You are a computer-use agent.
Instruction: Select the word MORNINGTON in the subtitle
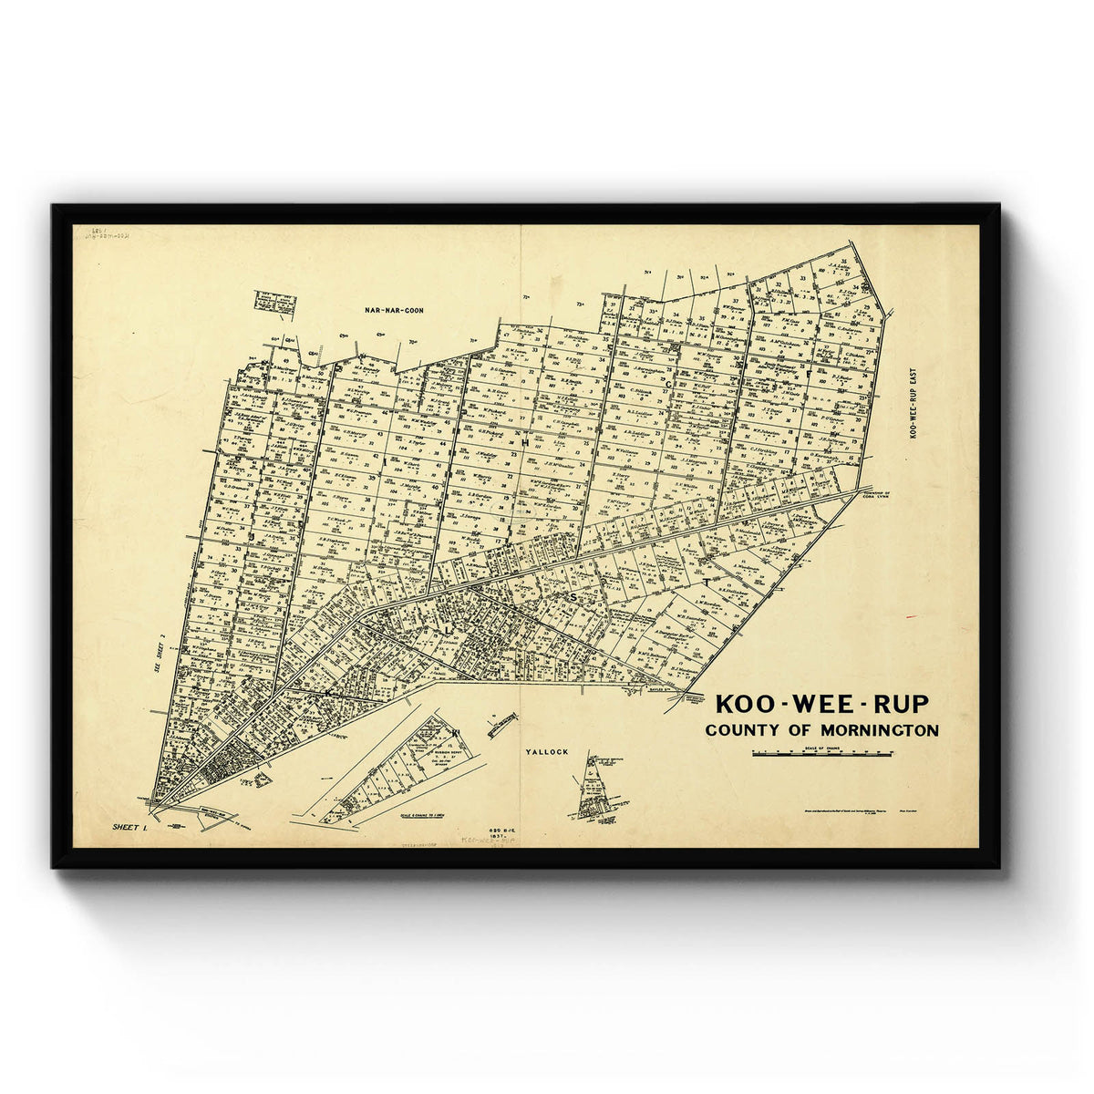879,730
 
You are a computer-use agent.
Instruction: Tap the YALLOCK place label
547,752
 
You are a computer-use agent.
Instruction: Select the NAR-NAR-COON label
394,311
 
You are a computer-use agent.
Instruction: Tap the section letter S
573,597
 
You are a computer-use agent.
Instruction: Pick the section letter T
705,581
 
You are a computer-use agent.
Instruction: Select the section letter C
668,385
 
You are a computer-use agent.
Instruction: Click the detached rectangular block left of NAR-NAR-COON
274,303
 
